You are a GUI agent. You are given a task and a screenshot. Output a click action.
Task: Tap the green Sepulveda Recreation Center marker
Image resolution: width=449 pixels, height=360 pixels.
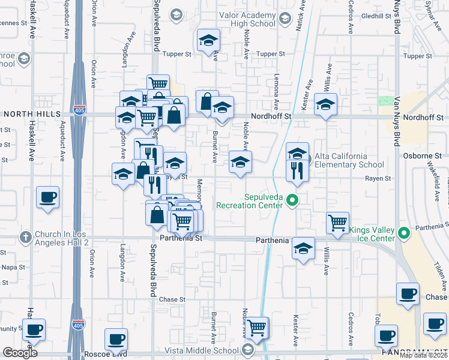pyautogui.click(x=292, y=200)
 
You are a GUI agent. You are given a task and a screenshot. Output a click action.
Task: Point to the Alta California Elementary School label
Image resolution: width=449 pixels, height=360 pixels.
pyautogui.click(x=349, y=160)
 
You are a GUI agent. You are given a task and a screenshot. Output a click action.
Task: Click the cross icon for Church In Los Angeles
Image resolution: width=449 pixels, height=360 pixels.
pyautogui.click(x=25, y=237)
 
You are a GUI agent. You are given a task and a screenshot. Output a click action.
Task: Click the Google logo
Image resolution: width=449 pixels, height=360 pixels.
pyautogui.click(x=20, y=353)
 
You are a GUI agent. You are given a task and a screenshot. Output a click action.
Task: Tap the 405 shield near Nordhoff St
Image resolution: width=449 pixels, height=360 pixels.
pyautogui.click(x=78, y=111)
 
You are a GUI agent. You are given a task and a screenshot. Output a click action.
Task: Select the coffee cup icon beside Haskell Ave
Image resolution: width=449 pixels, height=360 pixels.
pyautogui.click(x=47, y=197)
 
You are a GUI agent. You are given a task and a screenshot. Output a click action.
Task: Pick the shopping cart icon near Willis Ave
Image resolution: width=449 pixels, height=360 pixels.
pyautogui.click(x=338, y=223)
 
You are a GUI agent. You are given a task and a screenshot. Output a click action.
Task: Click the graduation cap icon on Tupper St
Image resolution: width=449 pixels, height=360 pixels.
pyautogui.click(x=208, y=41)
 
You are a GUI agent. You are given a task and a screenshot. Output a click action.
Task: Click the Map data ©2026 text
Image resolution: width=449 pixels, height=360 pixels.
pyautogui.click(x=424, y=355)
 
